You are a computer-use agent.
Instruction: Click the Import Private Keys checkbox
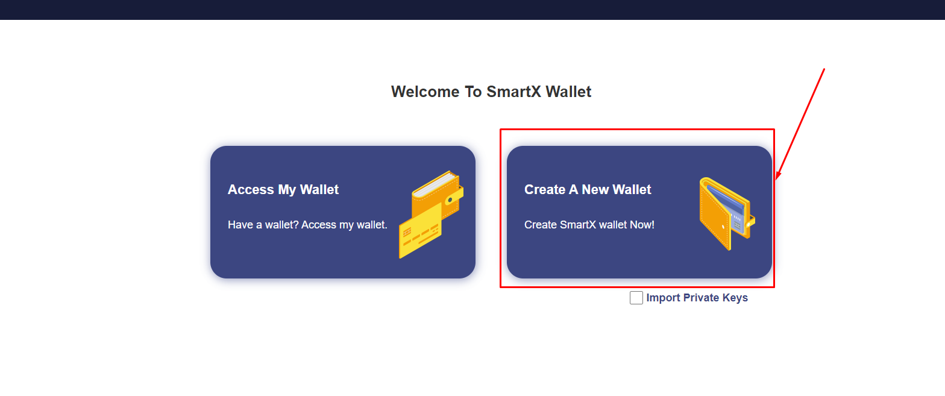636,298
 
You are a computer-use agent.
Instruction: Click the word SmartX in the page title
513,92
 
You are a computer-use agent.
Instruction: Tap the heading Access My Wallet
283,190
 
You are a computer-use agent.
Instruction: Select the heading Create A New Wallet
588,190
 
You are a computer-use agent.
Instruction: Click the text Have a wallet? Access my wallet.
307,225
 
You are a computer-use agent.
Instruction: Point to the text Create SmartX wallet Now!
589,225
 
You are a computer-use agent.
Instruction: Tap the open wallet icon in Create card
727,214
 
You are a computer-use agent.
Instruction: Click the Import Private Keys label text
697,298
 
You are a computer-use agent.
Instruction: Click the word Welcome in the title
425,92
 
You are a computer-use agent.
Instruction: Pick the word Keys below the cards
735,298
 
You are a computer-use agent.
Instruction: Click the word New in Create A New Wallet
595,190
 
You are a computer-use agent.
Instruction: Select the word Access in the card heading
251,190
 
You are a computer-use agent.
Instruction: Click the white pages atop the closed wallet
435,184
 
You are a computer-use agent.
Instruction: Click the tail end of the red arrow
824,69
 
